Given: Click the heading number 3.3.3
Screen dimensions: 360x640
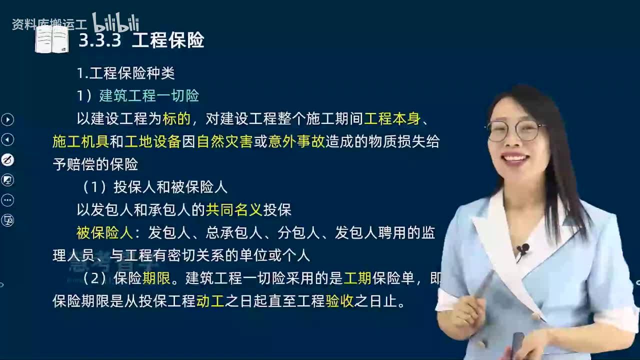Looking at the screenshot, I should point(99,40).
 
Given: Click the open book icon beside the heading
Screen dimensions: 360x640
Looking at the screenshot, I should point(51,40).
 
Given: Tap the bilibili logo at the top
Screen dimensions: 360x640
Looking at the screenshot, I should point(115,23).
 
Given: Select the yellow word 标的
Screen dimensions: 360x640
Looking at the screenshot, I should point(176,119).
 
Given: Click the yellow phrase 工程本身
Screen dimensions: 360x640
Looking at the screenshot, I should point(392,119).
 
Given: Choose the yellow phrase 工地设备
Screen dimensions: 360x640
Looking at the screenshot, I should point(152,141).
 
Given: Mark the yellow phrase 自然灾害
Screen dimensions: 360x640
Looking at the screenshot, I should point(224,141).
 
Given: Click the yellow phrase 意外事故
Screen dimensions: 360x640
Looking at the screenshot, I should point(296,141).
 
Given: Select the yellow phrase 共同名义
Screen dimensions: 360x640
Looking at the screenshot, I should point(234,209).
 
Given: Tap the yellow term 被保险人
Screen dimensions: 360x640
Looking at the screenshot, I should point(104,232).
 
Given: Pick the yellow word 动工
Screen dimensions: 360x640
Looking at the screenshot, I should point(210,301).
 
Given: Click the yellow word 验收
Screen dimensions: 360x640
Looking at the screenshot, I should point(339,301).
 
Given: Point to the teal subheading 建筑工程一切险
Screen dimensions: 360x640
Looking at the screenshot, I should point(149,95).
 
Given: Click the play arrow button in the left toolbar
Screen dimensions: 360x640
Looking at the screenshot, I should point(7,119).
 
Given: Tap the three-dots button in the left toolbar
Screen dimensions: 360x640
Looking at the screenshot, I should point(7,200).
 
